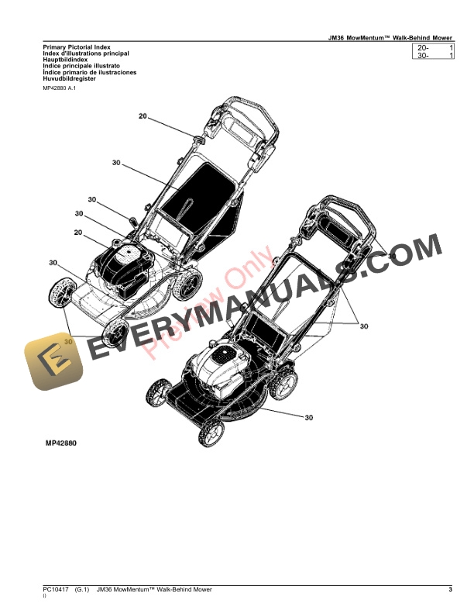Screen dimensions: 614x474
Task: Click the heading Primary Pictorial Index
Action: (x=78, y=47)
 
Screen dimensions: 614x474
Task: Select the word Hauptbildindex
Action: (x=65, y=60)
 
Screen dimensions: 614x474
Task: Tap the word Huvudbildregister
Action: (x=70, y=78)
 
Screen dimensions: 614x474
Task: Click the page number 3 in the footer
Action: (x=450, y=591)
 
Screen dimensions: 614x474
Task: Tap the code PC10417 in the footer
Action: (x=57, y=591)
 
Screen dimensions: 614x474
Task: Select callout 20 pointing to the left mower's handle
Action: (x=143, y=116)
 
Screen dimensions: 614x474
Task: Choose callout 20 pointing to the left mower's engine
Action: (x=78, y=233)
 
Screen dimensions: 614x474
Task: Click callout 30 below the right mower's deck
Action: (x=308, y=417)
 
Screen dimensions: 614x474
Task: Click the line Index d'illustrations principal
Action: (x=86, y=53)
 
